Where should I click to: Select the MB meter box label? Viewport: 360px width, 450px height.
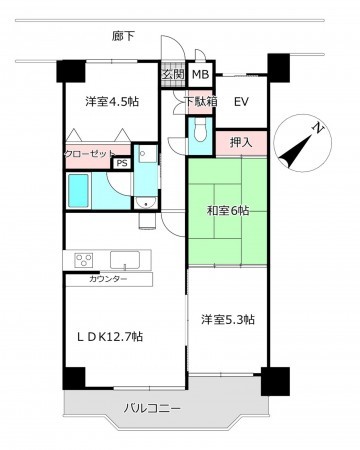click(200, 74)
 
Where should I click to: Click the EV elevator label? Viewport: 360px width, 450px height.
click(241, 101)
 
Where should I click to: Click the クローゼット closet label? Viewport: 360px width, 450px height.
click(89, 153)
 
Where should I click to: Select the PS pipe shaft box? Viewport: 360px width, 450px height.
click(122, 164)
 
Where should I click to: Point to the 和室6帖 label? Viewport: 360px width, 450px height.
click(227, 211)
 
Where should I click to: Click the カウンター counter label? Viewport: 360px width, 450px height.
click(107, 278)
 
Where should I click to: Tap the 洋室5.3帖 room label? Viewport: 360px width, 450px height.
click(227, 319)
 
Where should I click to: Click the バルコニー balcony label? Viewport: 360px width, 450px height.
click(152, 408)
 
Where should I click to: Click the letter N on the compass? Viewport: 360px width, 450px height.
click(316, 128)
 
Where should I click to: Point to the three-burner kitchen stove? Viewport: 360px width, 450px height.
click(83, 259)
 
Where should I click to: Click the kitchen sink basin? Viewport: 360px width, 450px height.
click(130, 259)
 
